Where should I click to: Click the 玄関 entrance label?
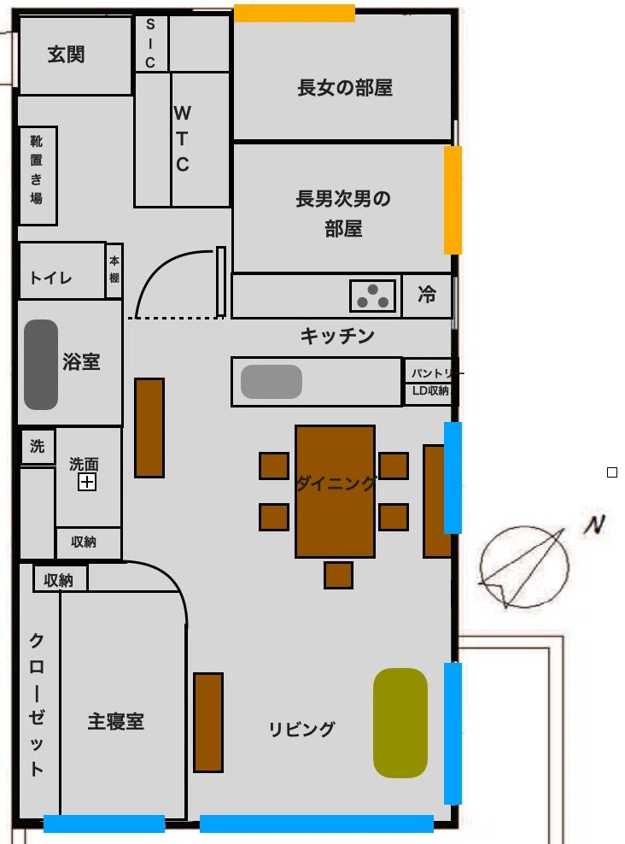click(66, 55)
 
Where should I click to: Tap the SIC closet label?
click(150, 44)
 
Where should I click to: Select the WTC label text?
click(183, 138)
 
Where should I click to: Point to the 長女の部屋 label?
click(345, 88)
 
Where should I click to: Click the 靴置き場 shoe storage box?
click(38, 175)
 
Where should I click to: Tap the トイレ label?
click(51, 278)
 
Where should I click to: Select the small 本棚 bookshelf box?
click(114, 270)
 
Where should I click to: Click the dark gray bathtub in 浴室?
click(41, 365)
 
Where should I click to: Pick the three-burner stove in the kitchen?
click(373, 296)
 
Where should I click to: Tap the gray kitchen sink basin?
click(271, 382)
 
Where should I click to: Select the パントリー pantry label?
click(434, 373)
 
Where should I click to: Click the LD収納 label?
click(430, 390)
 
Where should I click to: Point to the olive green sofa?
click(400, 723)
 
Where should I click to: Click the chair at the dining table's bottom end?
click(338, 575)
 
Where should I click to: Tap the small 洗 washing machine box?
click(37, 446)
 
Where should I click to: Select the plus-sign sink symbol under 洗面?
click(87, 482)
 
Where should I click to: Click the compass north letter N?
click(594, 525)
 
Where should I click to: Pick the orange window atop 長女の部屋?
click(295, 14)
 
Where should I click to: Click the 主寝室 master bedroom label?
click(115, 721)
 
